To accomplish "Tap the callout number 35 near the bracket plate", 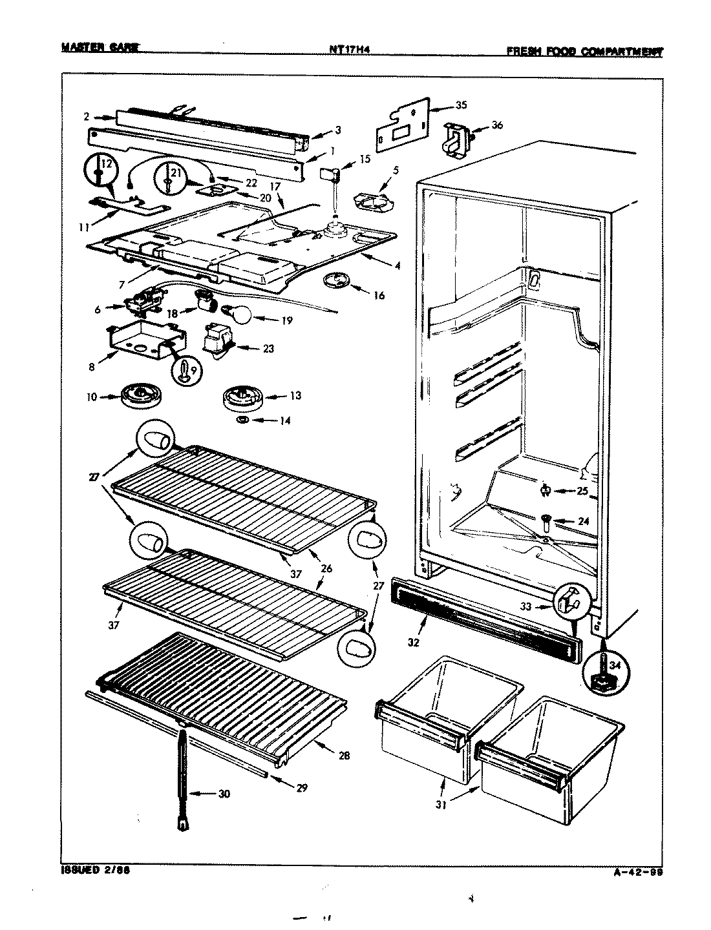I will [x=461, y=105].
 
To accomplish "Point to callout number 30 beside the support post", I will [x=224, y=794].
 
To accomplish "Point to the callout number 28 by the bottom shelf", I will [x=344, y=755].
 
